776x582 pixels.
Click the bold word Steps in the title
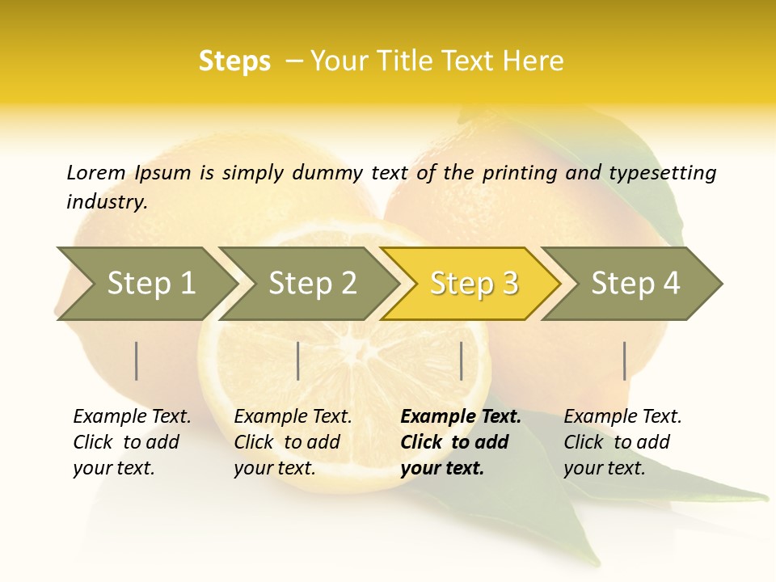point(234,61)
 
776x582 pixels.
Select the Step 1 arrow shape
point(150,284)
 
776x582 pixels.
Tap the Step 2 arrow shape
point(312,284)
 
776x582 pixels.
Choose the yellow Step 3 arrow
point(474,284)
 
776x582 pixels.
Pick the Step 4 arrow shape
point(635,284)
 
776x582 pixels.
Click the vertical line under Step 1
point(137,361)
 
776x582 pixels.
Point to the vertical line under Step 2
point(298,361)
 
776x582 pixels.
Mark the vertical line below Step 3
point(461,361)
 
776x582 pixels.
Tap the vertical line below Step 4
point(624,361)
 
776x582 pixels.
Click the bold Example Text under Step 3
point(461,417)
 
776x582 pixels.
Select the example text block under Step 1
point(131,442)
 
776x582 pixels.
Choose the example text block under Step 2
point(292,442)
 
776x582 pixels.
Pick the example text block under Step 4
point(622,442)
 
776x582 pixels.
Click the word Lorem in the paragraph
point(96,173)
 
